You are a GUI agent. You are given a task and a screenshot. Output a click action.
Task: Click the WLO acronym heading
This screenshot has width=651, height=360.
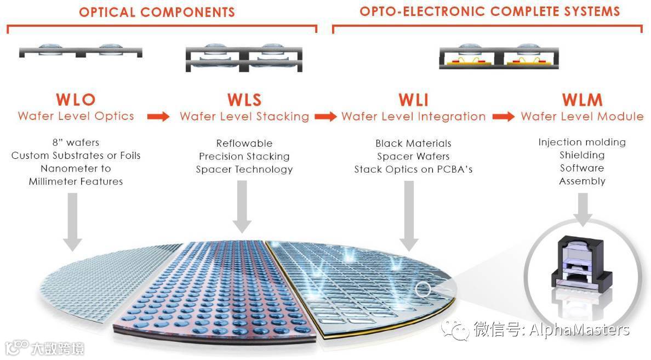pos(76,100)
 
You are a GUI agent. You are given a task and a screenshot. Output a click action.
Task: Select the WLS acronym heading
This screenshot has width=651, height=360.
pos(244,100)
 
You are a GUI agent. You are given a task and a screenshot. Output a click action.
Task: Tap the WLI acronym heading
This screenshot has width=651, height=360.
pos(413,100)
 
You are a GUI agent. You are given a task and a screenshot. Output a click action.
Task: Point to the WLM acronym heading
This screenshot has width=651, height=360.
pos(582,100)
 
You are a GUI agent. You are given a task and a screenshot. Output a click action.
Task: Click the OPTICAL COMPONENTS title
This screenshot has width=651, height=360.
pos(157,12)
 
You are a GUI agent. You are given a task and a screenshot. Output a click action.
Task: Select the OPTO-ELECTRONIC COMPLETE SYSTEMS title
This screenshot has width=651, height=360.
pos(489,11)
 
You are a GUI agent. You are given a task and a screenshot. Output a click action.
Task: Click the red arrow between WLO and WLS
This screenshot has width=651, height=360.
pos(158,117)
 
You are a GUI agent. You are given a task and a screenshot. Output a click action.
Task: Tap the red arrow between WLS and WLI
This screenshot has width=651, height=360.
pos(325,117)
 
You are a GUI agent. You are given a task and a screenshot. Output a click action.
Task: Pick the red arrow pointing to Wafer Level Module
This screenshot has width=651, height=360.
pos(503,117)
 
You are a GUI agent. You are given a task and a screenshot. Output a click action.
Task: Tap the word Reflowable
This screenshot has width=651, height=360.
pos(244,144)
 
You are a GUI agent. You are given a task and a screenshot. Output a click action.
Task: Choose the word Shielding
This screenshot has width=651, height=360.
pos(582,155)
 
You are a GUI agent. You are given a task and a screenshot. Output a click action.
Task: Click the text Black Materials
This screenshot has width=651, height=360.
pos(413,144)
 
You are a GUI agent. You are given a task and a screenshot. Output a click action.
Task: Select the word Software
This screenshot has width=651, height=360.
pos(582,168)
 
